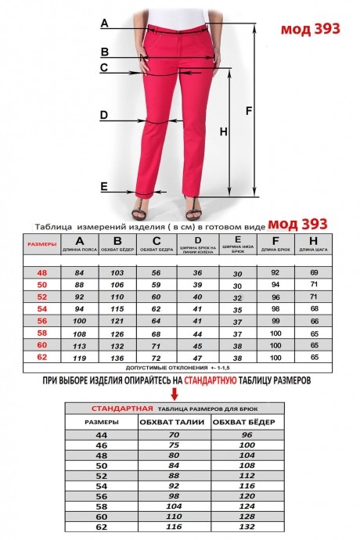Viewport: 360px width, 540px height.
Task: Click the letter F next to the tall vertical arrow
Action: [249, 110]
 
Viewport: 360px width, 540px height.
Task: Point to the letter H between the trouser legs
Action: [223, 132]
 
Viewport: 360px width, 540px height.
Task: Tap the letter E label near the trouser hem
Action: [104, 186]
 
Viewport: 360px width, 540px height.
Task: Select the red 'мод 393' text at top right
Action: [310, 28]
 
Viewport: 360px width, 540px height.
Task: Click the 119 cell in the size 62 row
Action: [78, 357]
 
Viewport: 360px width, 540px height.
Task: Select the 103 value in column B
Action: [118, 272]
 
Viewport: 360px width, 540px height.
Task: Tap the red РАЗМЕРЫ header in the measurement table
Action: [42, 244]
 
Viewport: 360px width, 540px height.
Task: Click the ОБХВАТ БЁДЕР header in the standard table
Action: [248, 423]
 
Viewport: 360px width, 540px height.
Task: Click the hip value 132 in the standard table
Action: [248, 527]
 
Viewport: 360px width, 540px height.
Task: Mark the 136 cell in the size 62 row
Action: [118, 357]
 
